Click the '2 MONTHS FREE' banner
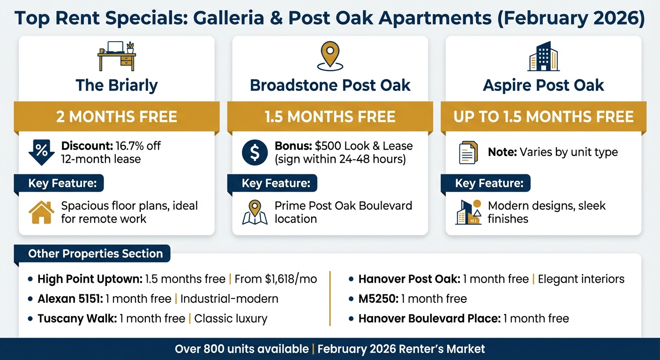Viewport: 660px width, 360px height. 117,116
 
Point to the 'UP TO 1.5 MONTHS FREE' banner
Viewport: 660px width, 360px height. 543,116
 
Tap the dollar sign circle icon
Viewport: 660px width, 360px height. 255,152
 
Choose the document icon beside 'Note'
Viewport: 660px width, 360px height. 468,152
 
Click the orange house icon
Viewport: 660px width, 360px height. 41,212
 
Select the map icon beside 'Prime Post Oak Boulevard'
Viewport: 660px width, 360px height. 255,212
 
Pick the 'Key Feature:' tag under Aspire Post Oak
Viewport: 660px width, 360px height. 489,183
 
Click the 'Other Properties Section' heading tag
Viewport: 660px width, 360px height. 95,254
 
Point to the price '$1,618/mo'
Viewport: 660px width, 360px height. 275,279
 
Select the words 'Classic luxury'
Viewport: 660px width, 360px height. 231,319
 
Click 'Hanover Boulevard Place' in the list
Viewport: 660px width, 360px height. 428,319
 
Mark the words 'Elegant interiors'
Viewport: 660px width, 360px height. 581,279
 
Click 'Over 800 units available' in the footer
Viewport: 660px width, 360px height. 241,349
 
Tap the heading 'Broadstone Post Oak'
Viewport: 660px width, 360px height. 330,85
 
